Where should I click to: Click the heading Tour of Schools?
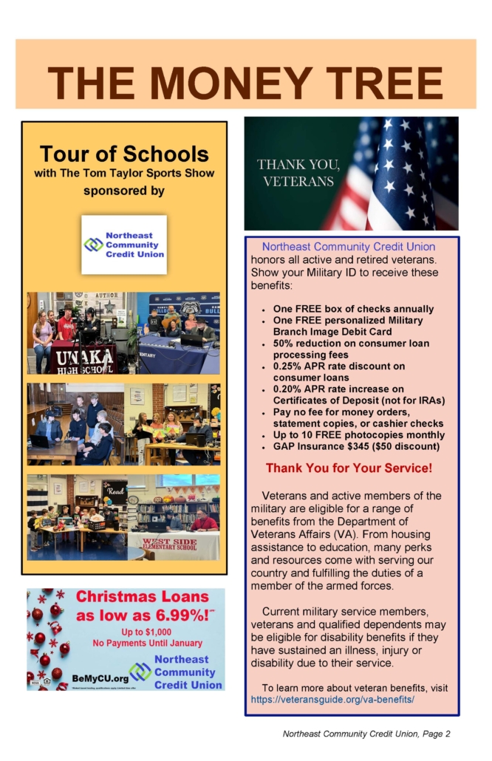point(124,154)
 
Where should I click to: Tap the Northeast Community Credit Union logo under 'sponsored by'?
point(124,245)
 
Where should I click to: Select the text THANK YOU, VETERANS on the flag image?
point(298,172)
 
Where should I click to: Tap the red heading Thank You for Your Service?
point(349,468)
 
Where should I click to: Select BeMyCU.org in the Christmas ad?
point(99,678)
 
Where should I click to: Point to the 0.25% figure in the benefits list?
point(287,366)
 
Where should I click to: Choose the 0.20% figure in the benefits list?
point(287,389)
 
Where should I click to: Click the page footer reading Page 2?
point(435,734)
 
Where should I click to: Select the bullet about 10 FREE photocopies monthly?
point(340,435)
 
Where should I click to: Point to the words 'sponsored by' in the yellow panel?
point(124,191)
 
